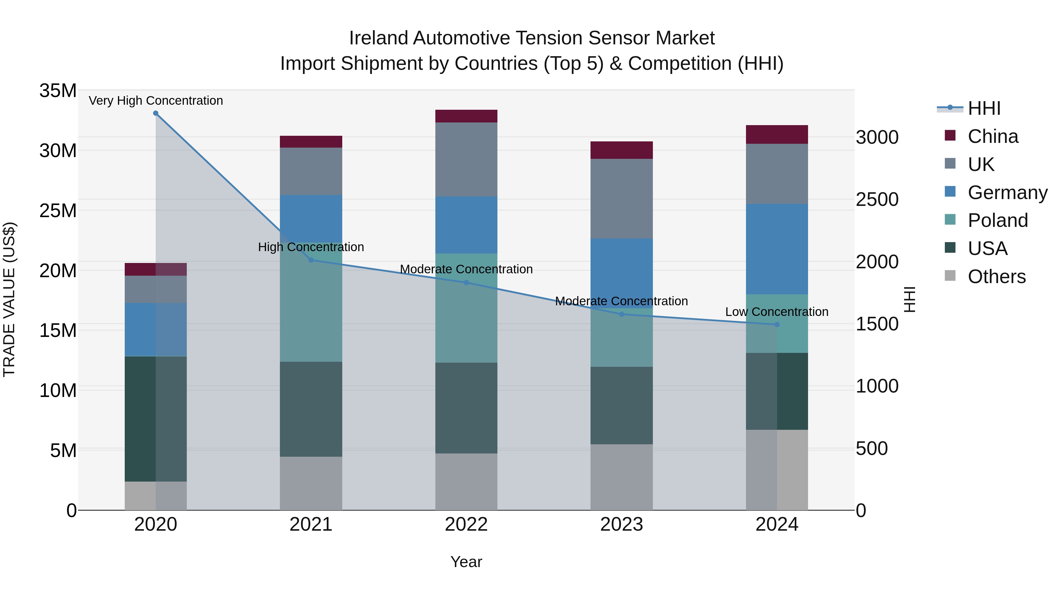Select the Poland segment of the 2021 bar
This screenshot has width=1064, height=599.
311,302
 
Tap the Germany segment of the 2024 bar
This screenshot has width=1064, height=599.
776,249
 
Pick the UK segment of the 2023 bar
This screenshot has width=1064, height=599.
621,198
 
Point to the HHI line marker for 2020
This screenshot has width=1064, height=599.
156,113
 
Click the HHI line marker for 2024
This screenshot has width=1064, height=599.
776,324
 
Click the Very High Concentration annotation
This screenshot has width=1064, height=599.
156,101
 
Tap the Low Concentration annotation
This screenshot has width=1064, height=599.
776,312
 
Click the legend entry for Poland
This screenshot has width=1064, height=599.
997,220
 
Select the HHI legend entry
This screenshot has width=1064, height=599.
984,108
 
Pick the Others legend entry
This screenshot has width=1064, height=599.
996,277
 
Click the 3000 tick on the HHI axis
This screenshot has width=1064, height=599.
877,137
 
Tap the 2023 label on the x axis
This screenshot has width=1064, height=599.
621,524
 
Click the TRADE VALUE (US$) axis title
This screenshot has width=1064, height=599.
9,299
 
